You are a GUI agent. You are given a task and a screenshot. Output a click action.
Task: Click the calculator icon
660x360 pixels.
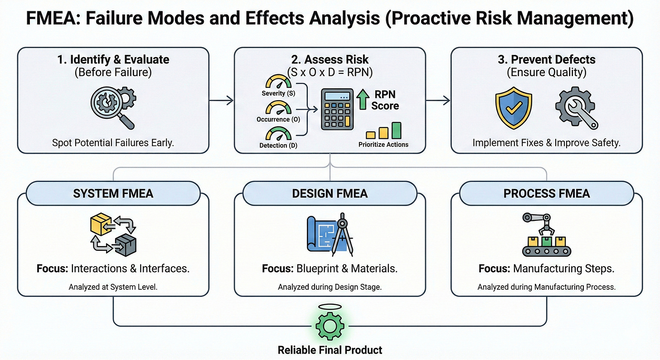pyautogui.click(x=337, y=109)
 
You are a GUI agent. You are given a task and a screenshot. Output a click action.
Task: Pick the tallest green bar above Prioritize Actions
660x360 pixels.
pyautogui.click(x=396, y=130)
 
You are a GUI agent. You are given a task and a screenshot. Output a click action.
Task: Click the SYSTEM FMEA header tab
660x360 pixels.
pyautogui.click(x=113, y=194)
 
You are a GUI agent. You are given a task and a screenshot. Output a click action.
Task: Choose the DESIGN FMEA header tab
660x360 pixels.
pyautogui.click(x=330, y=194)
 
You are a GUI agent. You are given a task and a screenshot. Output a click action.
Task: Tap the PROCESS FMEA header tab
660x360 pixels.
pyautogui.click(x=546, y=194)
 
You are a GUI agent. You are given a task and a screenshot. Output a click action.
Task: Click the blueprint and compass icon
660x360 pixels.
pyautogui.click(x=330, y=236)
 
